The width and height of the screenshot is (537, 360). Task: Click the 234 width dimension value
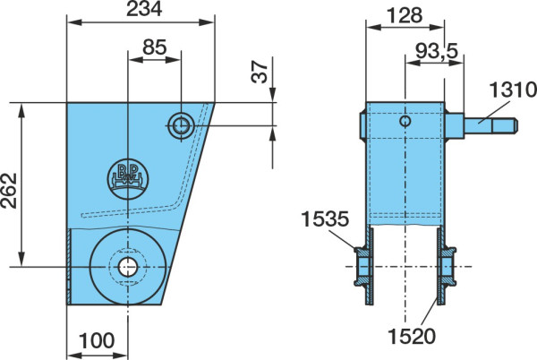(144, 9)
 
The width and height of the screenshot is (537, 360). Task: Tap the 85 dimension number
(155, 47)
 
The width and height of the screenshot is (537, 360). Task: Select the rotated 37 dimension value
(260, 72)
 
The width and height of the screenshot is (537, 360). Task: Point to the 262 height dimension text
(9, 191)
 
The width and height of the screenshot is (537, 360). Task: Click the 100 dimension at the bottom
(97, 340)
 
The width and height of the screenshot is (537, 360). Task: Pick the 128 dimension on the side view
(405, 15)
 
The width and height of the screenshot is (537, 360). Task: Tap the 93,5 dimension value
(437, 51)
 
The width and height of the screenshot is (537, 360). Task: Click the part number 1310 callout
(513, 90)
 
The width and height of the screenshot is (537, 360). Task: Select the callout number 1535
(325, 219)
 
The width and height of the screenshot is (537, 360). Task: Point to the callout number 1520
(412, 337)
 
